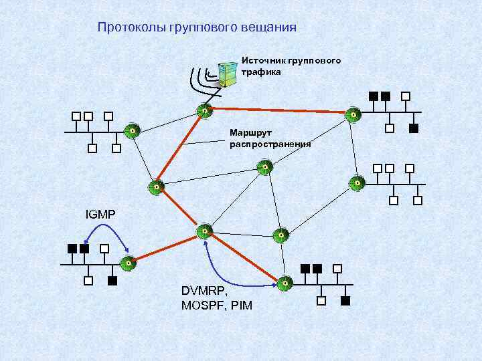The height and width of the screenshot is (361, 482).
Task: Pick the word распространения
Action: coord(270,144)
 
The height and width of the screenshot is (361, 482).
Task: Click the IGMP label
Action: coord(100,215)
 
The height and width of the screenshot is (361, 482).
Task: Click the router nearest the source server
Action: coord(204,110)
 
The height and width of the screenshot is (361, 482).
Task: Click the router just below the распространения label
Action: coord(266,167)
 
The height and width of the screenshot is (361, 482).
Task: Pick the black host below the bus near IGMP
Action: coord(112,281)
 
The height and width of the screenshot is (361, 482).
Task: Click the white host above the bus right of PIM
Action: coord(339,269)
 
